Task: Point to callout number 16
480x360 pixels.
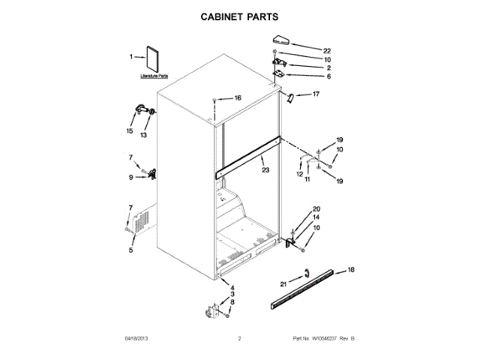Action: (x=237, y=98)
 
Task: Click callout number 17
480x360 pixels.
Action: (x=316, y=94)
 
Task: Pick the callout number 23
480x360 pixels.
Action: (x=265, y=170)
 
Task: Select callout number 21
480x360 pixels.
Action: (x=283, y=283)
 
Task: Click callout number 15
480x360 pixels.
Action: (x=129, y=131)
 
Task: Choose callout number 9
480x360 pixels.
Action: (x=130, y=177)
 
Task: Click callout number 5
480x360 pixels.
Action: (x=130, y=250)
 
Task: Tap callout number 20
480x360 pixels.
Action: (x=316, y=208)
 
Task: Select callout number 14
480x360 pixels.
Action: (x=316, y=217)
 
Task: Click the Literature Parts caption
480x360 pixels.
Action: (x=154, y=77)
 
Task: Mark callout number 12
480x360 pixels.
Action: (x=298, y=175)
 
